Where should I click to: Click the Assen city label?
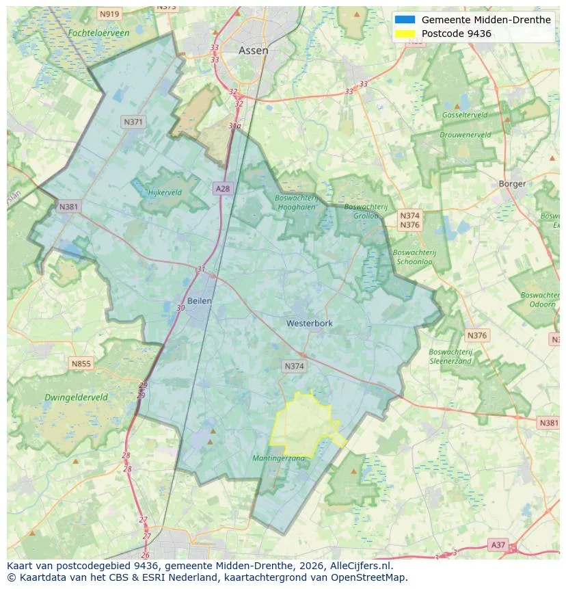[x=253, y=51]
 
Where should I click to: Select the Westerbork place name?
[x=310, y=323]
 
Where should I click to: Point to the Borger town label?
[x=512, y=183]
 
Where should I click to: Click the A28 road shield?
[x=222, y=188]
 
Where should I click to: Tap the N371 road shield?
[x=133, y=122]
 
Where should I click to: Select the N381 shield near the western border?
[x=69, y=207]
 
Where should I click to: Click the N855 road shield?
[x=81, y=364]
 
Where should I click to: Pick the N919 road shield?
[x=109, y=14]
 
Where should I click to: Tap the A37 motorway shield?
[x=499, y=545]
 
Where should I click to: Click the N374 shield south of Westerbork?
[x=294, y=367]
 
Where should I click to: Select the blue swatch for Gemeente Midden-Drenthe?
[x=405, y=20]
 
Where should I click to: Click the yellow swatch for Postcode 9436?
[x=405, y=34]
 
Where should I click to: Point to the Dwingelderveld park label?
[x=76, y=397]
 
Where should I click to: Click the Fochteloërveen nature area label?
[x=98, y=33]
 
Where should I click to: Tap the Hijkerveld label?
[x=165, y=192]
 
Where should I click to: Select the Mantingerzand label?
[x=279, y=458]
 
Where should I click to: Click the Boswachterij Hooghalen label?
[x=297, y=202]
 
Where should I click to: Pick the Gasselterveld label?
[x=465, y=115]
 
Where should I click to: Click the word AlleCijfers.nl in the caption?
[x=360, y=566]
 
